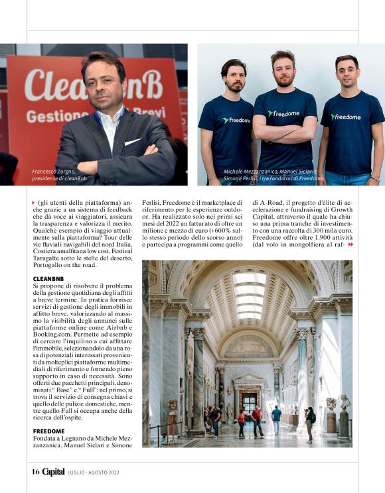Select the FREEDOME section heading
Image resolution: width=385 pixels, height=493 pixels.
pyautogui.click(x=48, y=431)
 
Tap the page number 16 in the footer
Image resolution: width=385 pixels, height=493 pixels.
pyautogui.click(x=35, y=472)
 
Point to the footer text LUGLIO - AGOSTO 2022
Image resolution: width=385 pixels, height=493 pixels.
pyautogui.click(x=93, y=472)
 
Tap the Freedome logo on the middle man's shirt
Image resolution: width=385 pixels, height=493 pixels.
pyautogui.click(x=283, y=113)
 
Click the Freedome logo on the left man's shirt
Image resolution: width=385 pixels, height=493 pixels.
pyautogui.click(x=236, y=120)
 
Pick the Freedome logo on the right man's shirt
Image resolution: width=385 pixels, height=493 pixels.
pyautogui.click(x=346, y=117)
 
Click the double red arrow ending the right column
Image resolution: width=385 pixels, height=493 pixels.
pyautogui.click(x=350, y=245)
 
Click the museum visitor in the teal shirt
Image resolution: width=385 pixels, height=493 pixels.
pyautogui.click(x=276, y=415)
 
